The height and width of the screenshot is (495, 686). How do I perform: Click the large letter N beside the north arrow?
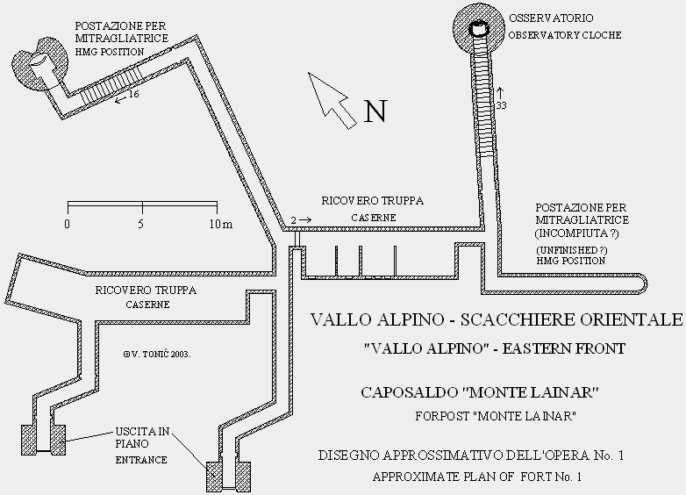pyautogui.click(x=375, y=111)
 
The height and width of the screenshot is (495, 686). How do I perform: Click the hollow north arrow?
pyautogui.click(x=332, y=100)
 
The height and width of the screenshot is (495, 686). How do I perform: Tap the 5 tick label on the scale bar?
pyautogui.click(x=141, y=224)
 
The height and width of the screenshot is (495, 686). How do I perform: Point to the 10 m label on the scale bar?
pyautogui.click(x=220, y=224)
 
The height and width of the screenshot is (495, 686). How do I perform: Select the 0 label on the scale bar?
pyautogui.click(x=67, y=224)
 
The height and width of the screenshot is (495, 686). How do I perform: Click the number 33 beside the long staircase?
pyautogui.click(x=501, y=105)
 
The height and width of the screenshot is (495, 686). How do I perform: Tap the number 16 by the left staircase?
pyautogui.click(x=133, y=94)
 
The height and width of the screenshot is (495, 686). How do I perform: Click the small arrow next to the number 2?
pyautogui.click(x=305, y=219)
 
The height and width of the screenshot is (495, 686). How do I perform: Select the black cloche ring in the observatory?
pyautogui.click(x=479, y=29)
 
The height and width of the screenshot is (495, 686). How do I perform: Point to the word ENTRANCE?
pyautogui.click(x=141, y=460)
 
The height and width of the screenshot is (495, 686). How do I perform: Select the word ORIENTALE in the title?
pyautogui.click(x=631, y=320)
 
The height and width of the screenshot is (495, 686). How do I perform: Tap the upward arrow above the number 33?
pyautogui.click(x=501, y=93)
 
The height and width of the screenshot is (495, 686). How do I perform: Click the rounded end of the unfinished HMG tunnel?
pyautogui.click(x=643, y=284)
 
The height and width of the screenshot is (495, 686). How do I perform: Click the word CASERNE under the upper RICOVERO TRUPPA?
pyautogui.click(x=374, y=218)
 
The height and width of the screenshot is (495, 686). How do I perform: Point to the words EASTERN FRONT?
pyautogui.click(x=563, y=348)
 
